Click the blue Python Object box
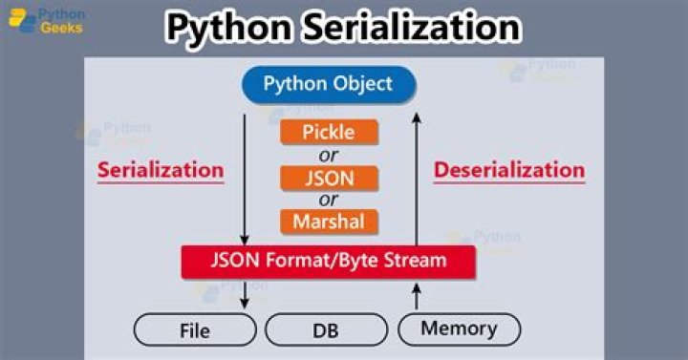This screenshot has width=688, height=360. pos(328,84)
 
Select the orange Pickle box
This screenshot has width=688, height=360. pos(329,132)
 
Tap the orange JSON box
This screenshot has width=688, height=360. pos(329,177)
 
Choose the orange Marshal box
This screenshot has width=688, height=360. pos(329,222)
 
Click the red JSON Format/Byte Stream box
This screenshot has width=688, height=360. pos(328,261)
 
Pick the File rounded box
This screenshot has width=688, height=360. pos(195,330)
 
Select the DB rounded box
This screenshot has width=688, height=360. pos(327,330)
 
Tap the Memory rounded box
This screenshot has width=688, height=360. pos(459,329)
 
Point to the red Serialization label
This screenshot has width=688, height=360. pos(161,171)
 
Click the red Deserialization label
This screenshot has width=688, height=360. pos(508,171)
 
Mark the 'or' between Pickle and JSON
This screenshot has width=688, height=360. pos(329,155)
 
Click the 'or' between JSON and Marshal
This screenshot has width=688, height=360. pos(329,200)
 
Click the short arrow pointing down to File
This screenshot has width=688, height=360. pos(246,293)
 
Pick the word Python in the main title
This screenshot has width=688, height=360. pos(229,28)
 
